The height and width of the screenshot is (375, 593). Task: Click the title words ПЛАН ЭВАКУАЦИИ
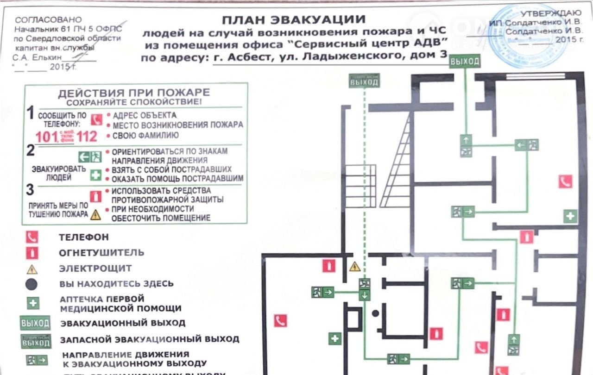293,20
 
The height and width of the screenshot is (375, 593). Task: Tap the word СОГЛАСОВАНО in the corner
48,20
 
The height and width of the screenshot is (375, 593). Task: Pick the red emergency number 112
87,136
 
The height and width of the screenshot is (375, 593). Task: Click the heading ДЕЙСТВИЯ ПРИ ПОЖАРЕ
133,93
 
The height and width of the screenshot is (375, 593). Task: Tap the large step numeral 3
30,190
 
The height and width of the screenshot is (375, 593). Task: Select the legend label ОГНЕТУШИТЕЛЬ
101,253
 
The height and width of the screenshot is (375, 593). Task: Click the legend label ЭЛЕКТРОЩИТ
95,268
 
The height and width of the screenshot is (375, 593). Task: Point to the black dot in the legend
32,284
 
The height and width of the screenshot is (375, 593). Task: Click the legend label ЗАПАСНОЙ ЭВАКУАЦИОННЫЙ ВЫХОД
149,339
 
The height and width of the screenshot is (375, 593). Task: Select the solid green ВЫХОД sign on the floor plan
464,61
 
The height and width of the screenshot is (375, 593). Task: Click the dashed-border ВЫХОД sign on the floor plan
364,81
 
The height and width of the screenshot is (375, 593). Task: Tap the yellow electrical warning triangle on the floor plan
354,266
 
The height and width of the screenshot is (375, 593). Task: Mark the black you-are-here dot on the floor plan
375,313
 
